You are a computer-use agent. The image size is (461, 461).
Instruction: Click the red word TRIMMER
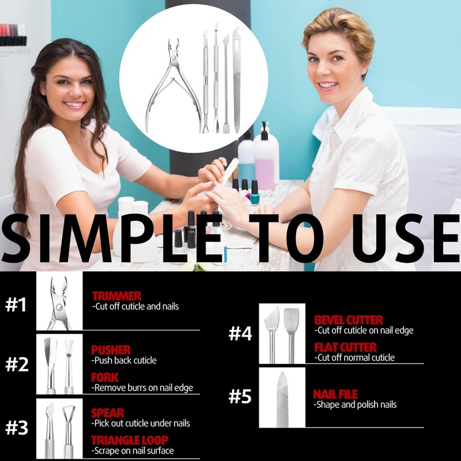[117, 296]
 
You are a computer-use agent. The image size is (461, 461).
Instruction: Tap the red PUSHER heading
[111, 350]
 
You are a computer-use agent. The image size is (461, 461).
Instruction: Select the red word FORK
[105, 377]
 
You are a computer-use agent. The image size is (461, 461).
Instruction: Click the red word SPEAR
[108, 413]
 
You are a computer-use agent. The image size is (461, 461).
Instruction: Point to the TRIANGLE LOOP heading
[130, 440]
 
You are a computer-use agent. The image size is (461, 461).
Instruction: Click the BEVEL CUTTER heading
[349, 320]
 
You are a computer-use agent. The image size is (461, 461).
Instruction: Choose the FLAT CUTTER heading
[345, 347]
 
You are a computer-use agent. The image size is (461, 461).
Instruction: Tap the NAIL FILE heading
[335, 394]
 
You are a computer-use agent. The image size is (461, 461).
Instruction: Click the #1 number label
[16, 305]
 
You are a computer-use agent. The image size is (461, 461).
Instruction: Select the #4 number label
[240, 334]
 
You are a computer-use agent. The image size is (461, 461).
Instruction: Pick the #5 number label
[240, 396]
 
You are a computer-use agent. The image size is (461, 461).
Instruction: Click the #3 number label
[17, 428]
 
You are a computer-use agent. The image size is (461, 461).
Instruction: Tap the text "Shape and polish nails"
[355, 405]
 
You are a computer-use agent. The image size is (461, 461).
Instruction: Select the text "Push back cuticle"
[124, 361]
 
